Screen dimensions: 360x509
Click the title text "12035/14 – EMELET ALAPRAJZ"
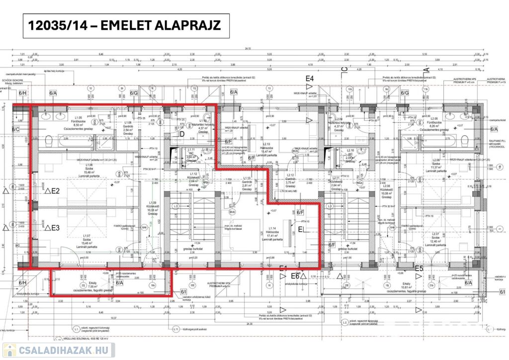pos(127,26)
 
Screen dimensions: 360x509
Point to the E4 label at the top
pos(310,79)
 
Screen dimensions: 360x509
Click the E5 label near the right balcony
pos(419,269)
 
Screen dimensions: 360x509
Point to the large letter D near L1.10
pos(182,134)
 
